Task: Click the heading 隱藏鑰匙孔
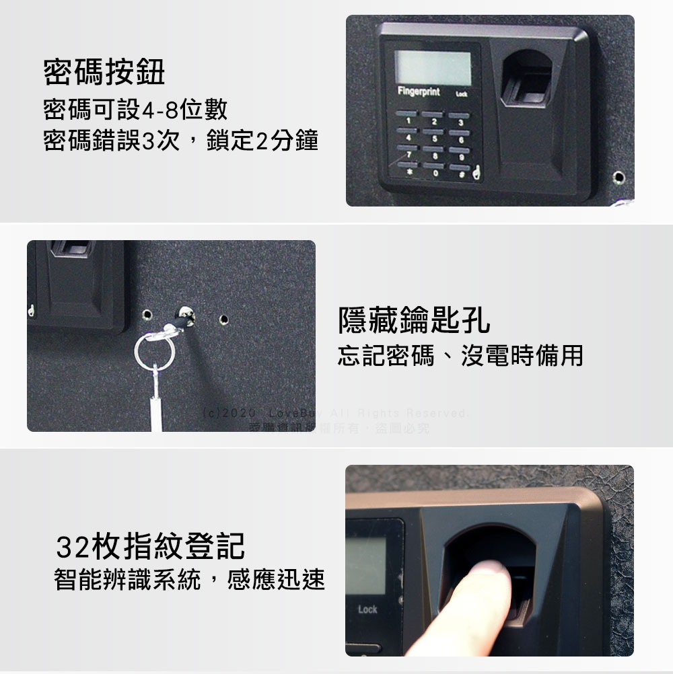(414, 322)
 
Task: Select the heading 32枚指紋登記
(149, 546)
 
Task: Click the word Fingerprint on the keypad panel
(419, 91)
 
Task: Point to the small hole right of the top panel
(619, 177)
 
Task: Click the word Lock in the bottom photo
(367, 609)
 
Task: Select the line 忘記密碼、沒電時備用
(460, 355)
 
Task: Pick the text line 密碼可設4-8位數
(135, 108)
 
